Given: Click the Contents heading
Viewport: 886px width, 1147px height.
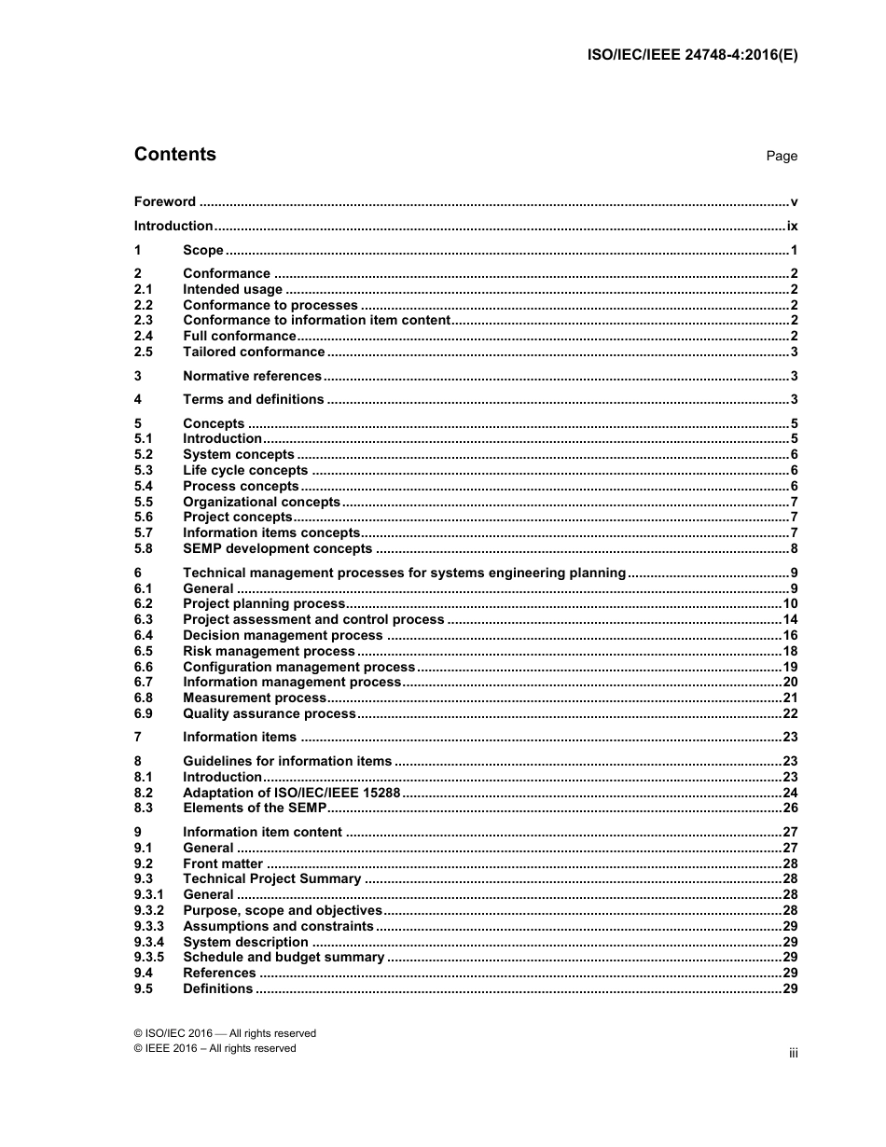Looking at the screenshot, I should pos(174,155).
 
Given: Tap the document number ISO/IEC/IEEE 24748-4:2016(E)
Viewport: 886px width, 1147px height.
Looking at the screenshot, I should pos(691,54).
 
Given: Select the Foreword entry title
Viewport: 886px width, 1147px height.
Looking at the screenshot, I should pos(165,201).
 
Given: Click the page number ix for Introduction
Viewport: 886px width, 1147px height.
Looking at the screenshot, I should pos(792,226).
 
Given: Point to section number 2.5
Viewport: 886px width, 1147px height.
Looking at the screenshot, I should pos(144,352).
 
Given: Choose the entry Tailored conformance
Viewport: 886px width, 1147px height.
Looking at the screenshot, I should pos(254,352).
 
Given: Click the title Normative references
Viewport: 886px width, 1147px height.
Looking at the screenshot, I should pos(252,376).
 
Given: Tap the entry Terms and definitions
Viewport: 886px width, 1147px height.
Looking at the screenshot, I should pos(253,399).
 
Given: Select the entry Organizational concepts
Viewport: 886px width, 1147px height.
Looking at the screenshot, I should pos(261,502).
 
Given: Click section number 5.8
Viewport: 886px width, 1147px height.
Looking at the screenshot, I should pos(144,548).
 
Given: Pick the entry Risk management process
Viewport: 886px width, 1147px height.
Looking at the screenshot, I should pos(269,651).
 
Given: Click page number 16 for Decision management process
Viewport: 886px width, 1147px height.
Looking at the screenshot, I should pos(790,635).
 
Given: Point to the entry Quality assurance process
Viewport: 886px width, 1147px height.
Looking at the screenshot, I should pos(269,713).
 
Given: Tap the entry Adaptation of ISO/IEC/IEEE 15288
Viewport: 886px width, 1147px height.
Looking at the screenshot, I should pos(291,793).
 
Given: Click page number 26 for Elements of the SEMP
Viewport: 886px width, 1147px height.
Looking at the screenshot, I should pos(790,808).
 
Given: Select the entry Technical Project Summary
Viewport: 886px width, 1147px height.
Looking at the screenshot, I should pos(271,878).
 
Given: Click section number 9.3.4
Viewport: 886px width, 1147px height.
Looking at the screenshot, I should pos(149,942).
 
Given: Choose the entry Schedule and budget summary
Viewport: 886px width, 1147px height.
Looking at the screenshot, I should pos(283,957).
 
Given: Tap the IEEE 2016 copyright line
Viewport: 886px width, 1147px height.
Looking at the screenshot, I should pos(215,1048).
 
